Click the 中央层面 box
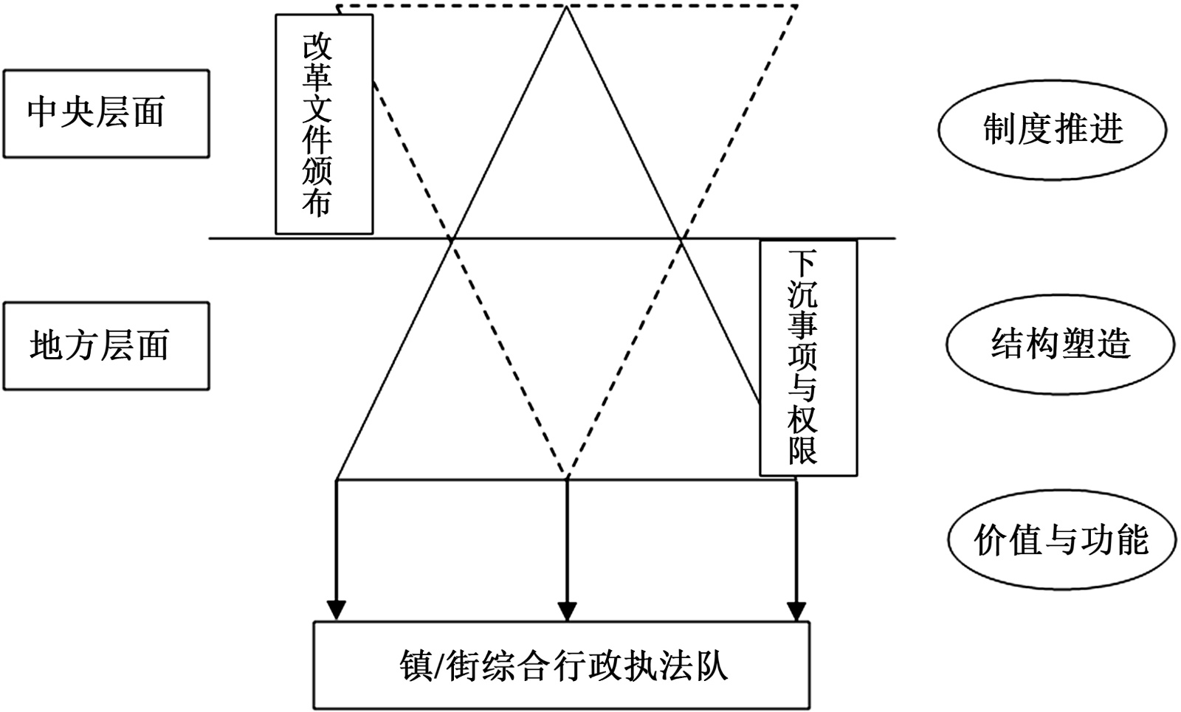(106, 114)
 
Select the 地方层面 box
(106, 345)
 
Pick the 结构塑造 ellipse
(1060, 344)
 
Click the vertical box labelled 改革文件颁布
(324, 124)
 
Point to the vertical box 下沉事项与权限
(808, 357)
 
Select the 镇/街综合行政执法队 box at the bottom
(562, 666)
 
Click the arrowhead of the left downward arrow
(337, 611)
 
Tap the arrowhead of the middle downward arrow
(567, 611)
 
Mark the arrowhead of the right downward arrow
(796, 611)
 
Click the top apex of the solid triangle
(566, 7)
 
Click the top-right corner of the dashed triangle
(797, 7)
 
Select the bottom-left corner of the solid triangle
(337, 480)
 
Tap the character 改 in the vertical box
(317, 47)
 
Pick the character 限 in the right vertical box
(802, 450)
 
